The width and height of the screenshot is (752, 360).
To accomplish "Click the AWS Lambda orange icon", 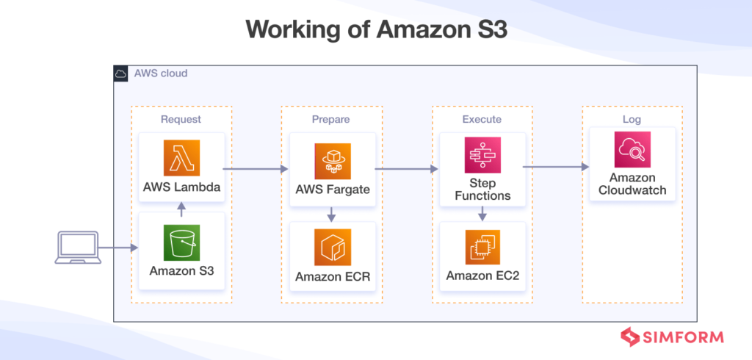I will [181, 158].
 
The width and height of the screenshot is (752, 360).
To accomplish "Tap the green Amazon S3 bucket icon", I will [181, 242].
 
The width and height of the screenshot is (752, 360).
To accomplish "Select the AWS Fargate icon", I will [331, 158].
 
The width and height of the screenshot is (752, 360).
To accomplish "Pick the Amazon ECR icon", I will [331, 247].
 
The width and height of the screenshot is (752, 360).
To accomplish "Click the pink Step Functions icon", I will [482, 156].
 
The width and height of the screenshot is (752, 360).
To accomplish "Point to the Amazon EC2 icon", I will [482, 247].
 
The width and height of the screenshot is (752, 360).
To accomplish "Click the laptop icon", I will [77, 248].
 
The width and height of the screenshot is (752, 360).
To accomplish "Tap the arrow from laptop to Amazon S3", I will [117, 248].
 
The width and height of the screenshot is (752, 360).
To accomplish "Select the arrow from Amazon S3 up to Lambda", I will [181, 209].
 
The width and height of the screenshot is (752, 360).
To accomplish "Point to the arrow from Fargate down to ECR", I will [331, 214].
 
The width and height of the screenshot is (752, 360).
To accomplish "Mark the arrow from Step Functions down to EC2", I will [482, 214].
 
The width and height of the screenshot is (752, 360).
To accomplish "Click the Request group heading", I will [181, 119].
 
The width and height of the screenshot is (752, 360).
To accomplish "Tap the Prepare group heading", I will [331, 119].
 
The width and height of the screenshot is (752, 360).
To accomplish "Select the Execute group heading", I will [482, 119].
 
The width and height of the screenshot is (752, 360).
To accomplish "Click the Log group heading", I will [632, 119].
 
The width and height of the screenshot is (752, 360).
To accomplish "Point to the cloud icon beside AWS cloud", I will [122, 73].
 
